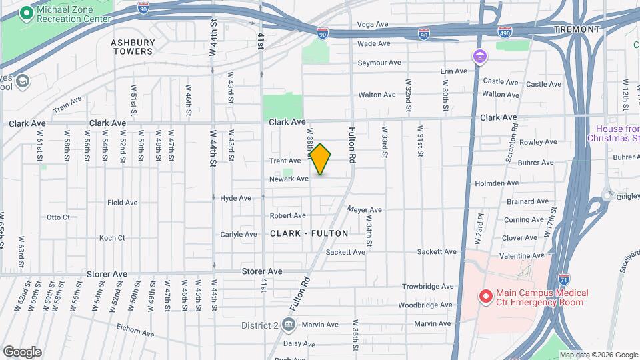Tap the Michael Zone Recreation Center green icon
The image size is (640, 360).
pyautogui.click(x=27, y=13)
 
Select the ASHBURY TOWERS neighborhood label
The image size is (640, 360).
pyautogui.click(x=133, y=47)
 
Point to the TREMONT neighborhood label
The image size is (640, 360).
pyautogui.click(x=577, y=29)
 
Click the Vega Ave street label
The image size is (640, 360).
pyautogui.click(x=373, y=24)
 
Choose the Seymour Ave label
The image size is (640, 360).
pyautogui.click(x=379, y=63)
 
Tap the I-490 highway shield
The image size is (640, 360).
pyautogui.click(x=505, y=31)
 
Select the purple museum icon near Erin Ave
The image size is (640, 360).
pyautogui.click(x=479, y=56)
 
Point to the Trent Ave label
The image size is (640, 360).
pyautogui.click(x=285, y=161)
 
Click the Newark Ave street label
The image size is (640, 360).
pyautogui.click(x=289, y=179)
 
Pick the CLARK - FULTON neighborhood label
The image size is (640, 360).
pyautogui.click(x=309, y=233)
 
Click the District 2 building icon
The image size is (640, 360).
pyautogui.click(x=289, y=325)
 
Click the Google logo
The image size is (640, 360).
pyautogui.click(x=22, y=352)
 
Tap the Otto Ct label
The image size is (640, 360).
pyautogui.click(x=58, y=217)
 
